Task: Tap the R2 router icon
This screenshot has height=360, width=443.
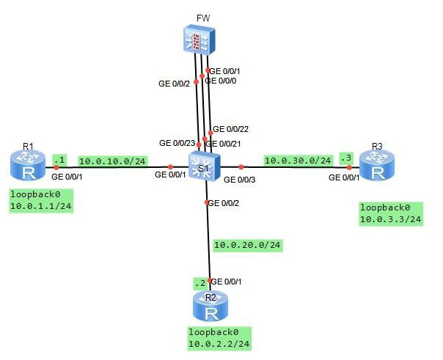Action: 211,308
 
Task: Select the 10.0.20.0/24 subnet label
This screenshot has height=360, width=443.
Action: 247,245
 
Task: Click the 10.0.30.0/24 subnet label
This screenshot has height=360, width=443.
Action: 298,160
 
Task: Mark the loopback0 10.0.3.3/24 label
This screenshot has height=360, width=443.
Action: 390,213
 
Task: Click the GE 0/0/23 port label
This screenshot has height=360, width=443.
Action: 177,142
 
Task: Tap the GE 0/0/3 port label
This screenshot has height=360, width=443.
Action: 240,179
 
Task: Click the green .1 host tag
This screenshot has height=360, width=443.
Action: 60,158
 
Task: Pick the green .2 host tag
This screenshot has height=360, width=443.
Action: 199,283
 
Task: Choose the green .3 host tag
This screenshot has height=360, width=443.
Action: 346,158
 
